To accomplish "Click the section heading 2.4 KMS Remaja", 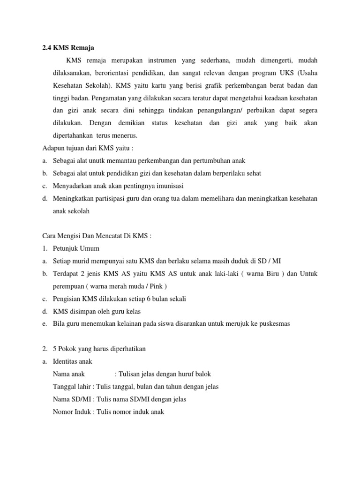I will pos(68,47).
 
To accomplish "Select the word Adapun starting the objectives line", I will pos(53,148).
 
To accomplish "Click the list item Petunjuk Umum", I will pos(76,248).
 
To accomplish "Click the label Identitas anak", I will pos(73,361).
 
